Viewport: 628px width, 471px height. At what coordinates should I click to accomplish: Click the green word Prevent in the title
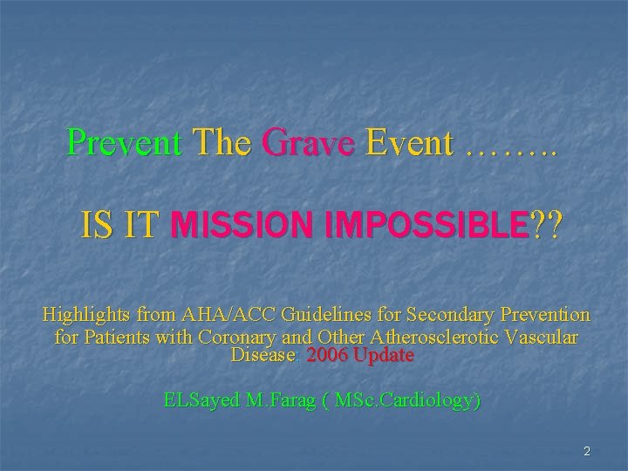pyautogui.click(x=125, y=142)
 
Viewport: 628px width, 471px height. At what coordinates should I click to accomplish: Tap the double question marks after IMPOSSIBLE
pyautogui.click(x=546, y=226)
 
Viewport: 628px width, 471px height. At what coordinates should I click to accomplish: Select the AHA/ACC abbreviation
pyautogui.click(x=211, y=314)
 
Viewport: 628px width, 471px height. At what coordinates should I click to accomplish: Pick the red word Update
pyautogui.click(x=386, y=356)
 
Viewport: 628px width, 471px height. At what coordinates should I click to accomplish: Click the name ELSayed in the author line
pyautogui.click(x=198, y=400)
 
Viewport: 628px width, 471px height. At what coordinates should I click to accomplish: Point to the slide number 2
pyautogui.click(x=587, y=451)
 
